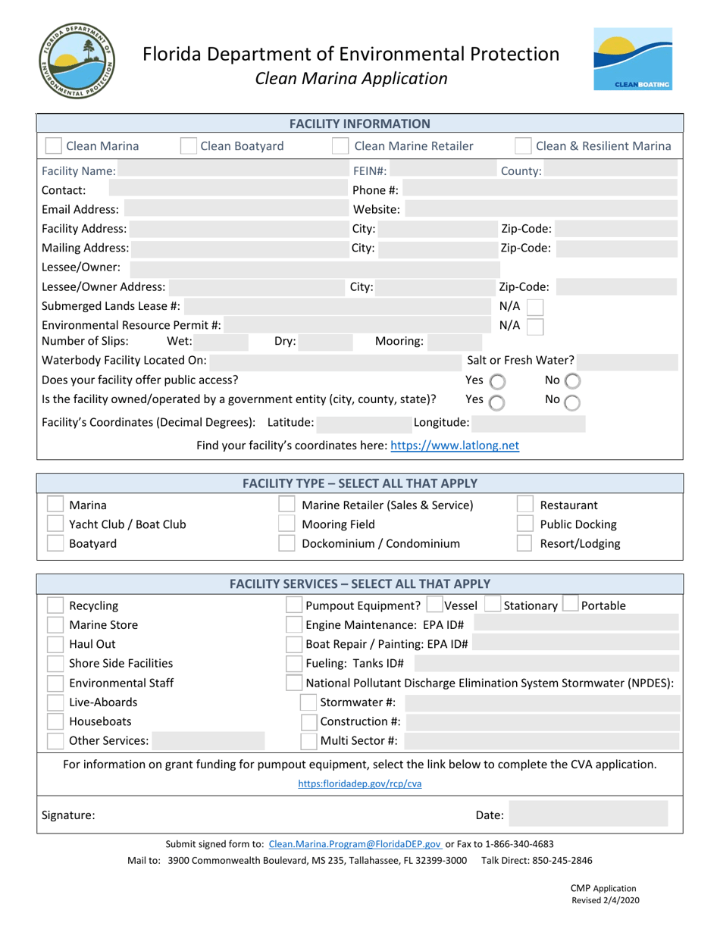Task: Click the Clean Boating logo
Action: click(x=632, y=60)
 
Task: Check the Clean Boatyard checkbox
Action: click(x=189, y=146)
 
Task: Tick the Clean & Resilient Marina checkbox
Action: click(x=523, y=146)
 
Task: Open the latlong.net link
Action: click(x=455, y=446)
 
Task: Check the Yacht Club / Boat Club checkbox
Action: click(x=55, y=524)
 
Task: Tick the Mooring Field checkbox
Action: click(x=287, y=524)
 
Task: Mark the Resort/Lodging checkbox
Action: click(x=525, y=543)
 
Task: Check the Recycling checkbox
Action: click(x=55, y=605)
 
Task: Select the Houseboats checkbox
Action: click(x=55, y=721)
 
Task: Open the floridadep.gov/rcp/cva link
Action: click(x=360, y=784)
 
